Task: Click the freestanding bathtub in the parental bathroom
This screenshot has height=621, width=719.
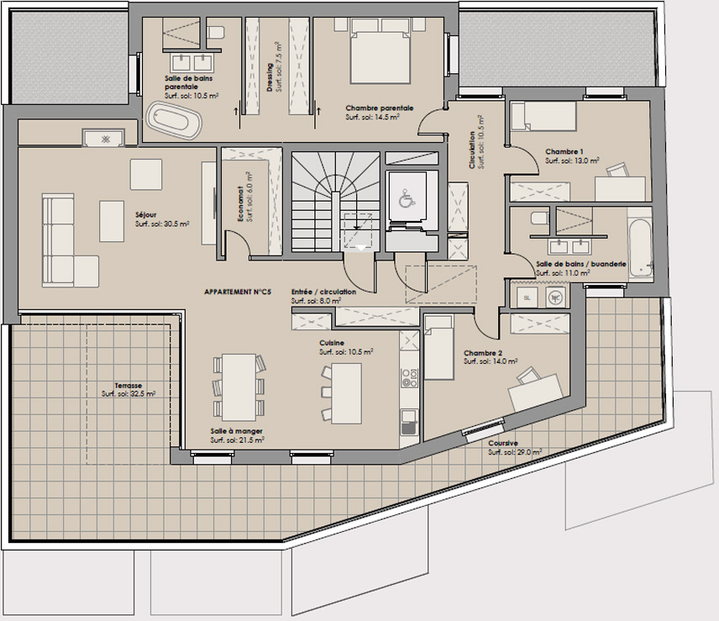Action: [x=174, y=121]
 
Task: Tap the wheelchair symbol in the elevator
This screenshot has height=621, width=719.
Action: [x=407, y=198]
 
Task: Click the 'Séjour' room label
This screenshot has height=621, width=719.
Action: [x=146, y=214]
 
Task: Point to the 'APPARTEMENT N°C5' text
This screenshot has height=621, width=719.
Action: [x=238, y=292]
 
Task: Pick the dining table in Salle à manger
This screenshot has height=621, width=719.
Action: [x=239, y=387]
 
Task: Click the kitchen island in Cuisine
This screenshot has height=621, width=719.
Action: [x=346, y=393]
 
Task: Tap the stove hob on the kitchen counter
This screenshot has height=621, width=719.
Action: [x=408, y=378]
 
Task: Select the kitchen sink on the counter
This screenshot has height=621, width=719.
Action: [x=408, y=423]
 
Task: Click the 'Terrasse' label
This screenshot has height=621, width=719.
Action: [x=129, y=386]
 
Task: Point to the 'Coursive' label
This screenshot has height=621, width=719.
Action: [x=503, y=443]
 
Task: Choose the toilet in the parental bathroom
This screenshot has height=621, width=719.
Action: [x=216, y=33]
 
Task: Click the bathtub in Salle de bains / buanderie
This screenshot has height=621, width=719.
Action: [x=639, y=249]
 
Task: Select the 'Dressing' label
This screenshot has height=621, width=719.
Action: [x=270, y=77]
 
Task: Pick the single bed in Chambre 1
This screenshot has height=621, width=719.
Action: [x=543, y=117]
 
